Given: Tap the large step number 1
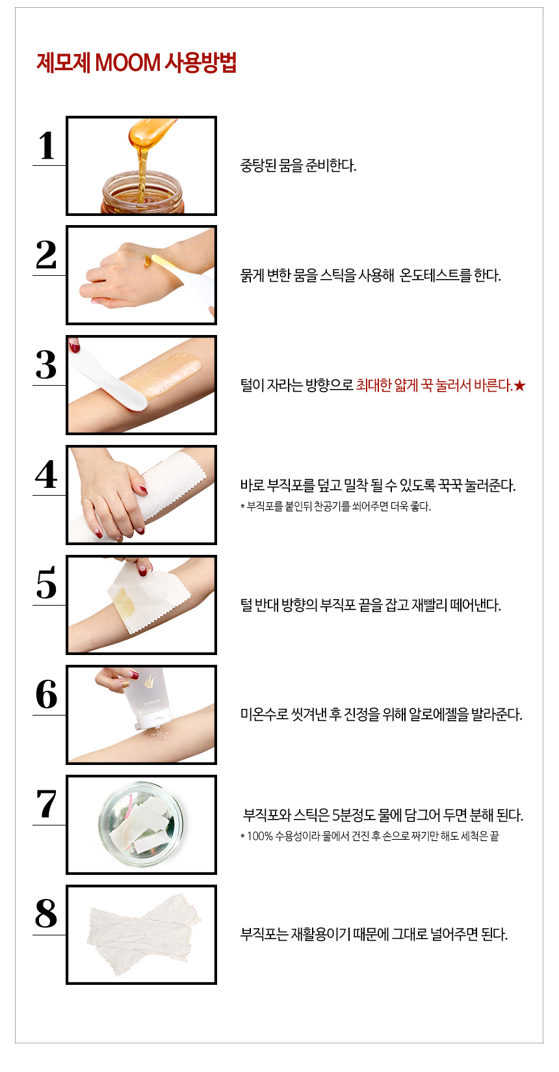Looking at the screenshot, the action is [47, 145].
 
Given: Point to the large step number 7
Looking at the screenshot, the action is [46, 803].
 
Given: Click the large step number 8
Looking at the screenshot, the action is [46, 913].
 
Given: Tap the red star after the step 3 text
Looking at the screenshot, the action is [520, 386].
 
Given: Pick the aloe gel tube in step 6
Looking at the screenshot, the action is [145, 698].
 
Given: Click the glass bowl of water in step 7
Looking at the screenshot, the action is [141, 824].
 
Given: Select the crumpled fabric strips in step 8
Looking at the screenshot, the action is [144, 933].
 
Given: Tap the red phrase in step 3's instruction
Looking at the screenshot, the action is [434, 385].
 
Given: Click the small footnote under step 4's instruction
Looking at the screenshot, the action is [335, 506].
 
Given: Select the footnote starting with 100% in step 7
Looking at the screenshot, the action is [370, 836].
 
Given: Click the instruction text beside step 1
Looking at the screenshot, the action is [298, 166].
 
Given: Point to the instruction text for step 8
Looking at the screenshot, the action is [374, 933].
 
